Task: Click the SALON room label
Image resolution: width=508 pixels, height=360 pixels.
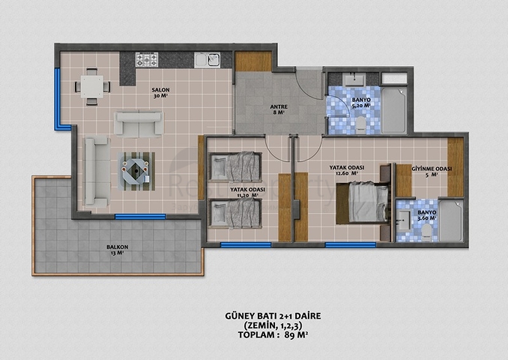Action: point(160,90)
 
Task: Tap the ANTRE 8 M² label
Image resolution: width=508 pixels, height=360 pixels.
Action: point(279,109)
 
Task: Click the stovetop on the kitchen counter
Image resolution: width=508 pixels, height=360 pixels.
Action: point(147,60)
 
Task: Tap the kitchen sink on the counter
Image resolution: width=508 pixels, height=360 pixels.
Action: point(207,60)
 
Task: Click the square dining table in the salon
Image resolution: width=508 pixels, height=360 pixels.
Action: point(92,86)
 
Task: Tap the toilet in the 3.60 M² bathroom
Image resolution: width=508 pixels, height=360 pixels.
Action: point(426,232)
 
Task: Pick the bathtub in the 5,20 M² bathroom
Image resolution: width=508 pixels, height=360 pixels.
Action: point(393,109)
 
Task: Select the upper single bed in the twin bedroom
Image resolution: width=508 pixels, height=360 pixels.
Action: point(235,167)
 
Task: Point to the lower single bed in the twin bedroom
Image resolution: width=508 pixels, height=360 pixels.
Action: point(235,214)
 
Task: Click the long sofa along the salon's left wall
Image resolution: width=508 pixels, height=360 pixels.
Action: point(96,172)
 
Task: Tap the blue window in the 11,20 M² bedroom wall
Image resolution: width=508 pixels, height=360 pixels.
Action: point(246,244)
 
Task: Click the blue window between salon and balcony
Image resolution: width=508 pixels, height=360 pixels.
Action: point(140,216)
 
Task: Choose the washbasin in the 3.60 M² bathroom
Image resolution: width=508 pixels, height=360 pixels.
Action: point(405,220)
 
